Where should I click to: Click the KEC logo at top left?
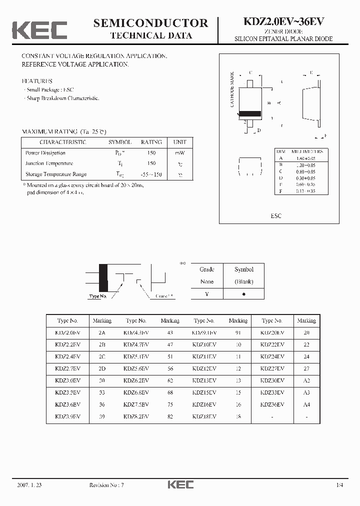click(x=39, y=29)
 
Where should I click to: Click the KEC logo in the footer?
click(x=180, y=484)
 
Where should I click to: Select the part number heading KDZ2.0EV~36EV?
click(x=283, y=22)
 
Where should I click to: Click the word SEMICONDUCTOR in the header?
click(x=150, y=23)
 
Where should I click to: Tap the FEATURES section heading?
click(x=36, y=80)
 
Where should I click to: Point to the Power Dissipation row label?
click(x=45, y=153)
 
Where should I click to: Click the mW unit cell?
click(x=179, y=153)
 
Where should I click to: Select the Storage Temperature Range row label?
click(x=56, y=174)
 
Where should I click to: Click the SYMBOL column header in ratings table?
click(x=120, y=142)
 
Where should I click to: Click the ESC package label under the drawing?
click(x=276, y=215)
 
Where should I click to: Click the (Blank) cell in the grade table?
click(x=244, y=281)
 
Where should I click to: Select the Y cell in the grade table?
click(x=207, y=294)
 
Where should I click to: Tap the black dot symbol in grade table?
click(x=244, y=294)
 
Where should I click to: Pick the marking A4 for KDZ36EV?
click(x=306, y=404)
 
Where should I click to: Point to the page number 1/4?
click(x=340, y=485)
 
